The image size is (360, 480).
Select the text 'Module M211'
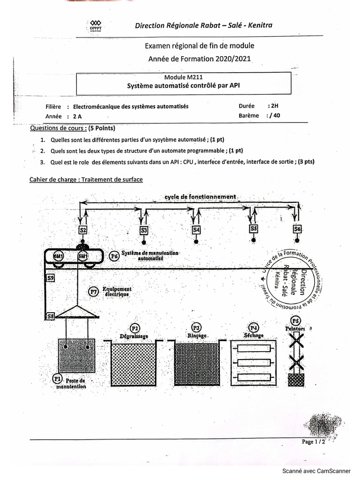183,77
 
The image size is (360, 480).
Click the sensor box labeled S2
82,230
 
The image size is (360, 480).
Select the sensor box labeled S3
144,230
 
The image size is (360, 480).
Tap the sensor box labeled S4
196,230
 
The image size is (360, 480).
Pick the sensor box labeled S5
254,229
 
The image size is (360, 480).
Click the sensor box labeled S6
297,229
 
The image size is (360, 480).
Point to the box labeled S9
50,278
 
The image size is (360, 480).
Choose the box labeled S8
50,316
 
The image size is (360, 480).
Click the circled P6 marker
114,256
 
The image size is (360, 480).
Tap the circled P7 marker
93,292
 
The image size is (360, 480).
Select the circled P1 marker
57,377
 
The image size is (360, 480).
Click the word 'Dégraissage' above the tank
134,336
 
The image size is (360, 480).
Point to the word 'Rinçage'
196,336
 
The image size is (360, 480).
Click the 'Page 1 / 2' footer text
313,442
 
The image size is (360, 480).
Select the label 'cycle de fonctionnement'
200,196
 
